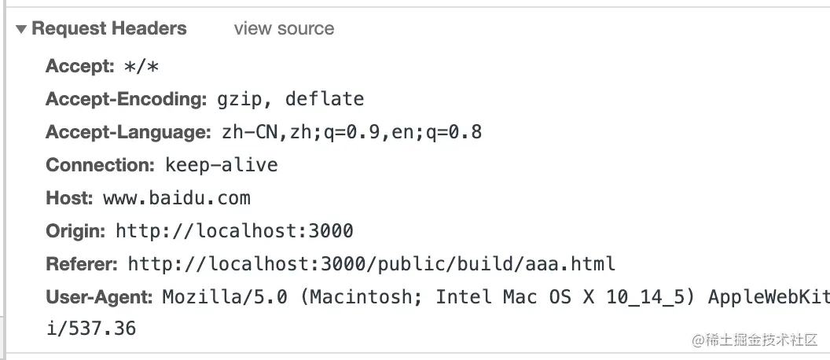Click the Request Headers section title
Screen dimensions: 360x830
pos(109,29)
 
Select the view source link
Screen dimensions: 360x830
pos(284,29)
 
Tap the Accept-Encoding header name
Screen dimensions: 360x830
pos(125,99)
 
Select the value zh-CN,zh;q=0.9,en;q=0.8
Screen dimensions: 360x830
pos(351,132)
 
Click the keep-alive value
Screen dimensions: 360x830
pos(221,165)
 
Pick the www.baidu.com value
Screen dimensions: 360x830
pos(177,198)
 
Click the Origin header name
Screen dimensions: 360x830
pos(75,231)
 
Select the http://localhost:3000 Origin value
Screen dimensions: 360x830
pos(234,231)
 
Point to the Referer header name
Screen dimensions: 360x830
pos(82,264)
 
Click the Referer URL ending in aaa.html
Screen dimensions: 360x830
pos(371,264)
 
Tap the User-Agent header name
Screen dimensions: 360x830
pos(99,297)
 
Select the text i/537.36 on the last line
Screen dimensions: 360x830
pos(90,328)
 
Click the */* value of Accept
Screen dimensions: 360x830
pos(141,67)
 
